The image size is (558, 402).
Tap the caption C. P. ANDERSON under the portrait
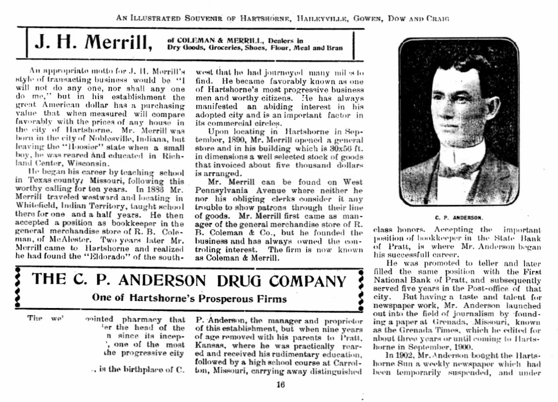point(459,217)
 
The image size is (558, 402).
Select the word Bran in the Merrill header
point(334,47)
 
